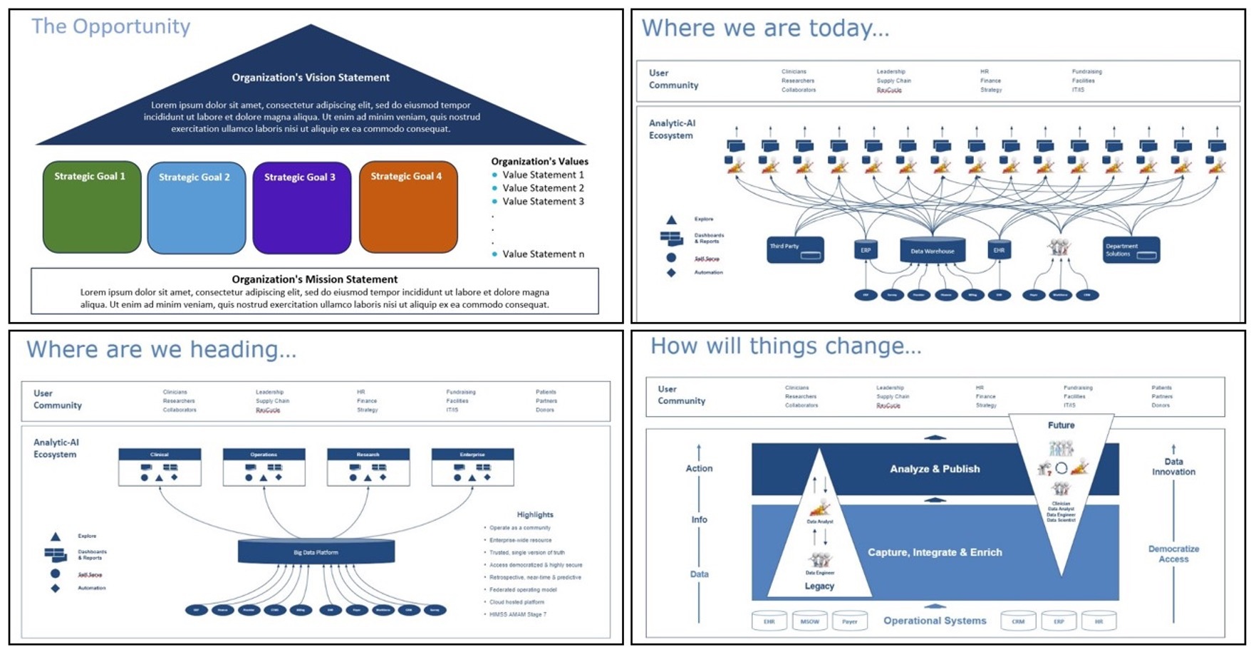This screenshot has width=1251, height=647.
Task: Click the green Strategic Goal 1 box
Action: click(x=92, y=207)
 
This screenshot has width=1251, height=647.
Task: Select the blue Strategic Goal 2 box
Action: click(x=197, y=208)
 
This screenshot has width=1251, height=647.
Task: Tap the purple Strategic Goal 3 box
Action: click(x=301, y=208)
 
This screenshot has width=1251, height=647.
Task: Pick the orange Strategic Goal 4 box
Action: click(x=408, y=207)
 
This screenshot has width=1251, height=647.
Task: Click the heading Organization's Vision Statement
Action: click(x=311, y=78)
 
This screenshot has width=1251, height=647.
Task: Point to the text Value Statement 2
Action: click(x=543, y=188)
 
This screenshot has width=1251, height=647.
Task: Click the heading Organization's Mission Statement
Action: click(x=315, y=279)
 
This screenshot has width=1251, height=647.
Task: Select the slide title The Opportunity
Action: click(x=111, y=27)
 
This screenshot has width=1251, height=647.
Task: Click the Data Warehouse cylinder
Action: click(x=933, y=250)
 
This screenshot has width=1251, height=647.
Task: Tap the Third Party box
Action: click(x=795, y=249)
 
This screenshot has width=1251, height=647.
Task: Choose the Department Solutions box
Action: click(x=1131, y=250)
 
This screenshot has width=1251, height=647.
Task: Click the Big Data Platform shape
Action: click(x=316, y=552)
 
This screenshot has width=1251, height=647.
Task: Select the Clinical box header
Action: click(x=160, y=454)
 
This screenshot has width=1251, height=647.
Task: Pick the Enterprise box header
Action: click(x=472, y=454)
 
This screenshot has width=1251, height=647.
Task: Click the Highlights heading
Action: click(x=535, y=514)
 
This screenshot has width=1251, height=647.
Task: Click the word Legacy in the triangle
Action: click(x=819, y=586)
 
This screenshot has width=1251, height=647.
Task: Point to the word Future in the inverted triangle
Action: click(x=1061, y=425)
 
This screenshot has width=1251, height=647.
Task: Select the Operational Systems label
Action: click(x=935, y=621)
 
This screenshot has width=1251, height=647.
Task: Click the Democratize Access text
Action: click(x=1173, y=554)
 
